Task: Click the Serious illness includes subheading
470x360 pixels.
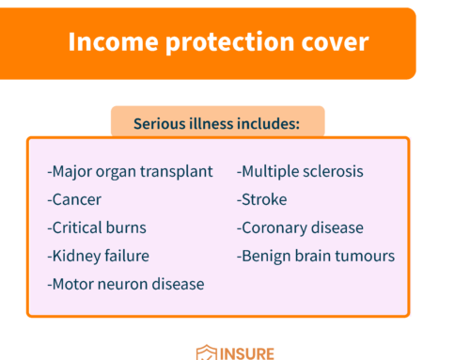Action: click(x=217, y=123)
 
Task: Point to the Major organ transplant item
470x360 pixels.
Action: click(x=130, y=172)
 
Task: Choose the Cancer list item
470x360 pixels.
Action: click(x=74, y=200)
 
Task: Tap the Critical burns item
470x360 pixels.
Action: click(x=97, y=227)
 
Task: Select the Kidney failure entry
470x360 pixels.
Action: click(x=98, y=255)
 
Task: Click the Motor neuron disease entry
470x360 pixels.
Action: click(x=125, y=283)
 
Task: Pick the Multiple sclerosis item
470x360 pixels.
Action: click(x=300, y=172)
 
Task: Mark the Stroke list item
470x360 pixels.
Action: click(x=262, y=200)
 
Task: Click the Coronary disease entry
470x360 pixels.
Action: click(x=300, y=227)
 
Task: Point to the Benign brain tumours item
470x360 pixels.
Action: click(x=316, y=255)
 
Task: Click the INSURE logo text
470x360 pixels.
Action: click(x=247, y=352)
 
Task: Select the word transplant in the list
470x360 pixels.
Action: click(x=180, y=172)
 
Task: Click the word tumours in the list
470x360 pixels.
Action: click(x=366, y=255)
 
